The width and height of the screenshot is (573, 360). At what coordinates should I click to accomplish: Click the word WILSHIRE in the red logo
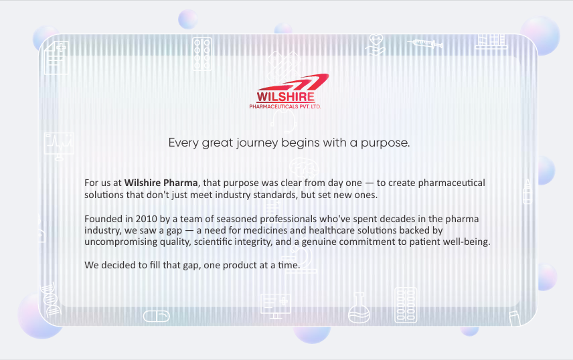pyautogui.click(x=285, y=97)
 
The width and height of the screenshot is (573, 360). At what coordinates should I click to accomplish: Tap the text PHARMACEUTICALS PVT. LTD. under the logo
pyautogui.click(x=285, y=106)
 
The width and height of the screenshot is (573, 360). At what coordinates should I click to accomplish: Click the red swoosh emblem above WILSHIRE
pyautogui.click(x=293, y=82)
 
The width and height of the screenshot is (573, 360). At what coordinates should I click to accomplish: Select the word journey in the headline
pyautogui.click(x=257, y=143)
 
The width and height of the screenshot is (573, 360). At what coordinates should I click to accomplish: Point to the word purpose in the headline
pyautogui.click(x=385, y=143)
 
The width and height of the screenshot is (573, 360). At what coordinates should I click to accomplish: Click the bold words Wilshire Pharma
pyautogui.click(x=161, y=183)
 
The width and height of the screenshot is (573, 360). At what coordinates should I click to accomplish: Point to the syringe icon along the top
pyautogui.click(x=425, y=44)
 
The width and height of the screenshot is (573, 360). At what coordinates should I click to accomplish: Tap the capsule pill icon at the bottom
pyautogui.click(x=157, y=316)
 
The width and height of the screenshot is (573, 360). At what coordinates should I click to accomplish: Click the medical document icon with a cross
pyautogui.click(x=56, y=58)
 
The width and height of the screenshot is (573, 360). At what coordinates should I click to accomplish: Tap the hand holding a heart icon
pyautogui.click(x=376, y=45)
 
